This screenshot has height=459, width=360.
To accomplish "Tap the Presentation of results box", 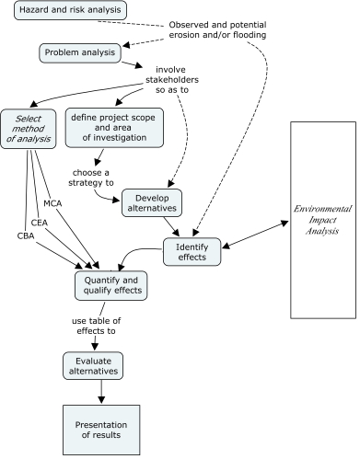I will coord(100,430).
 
